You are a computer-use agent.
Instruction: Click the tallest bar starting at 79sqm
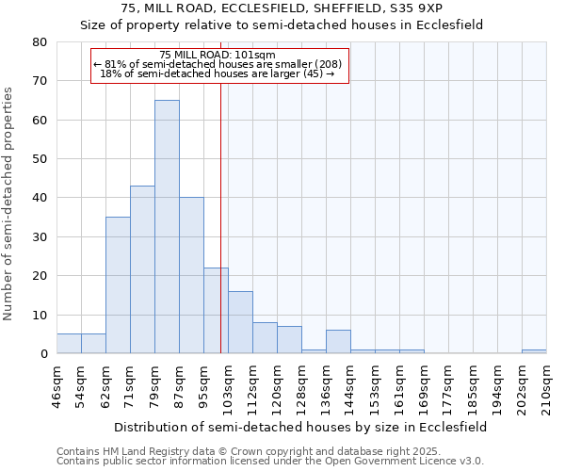pos(167,226)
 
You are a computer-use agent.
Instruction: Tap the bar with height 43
pos(142,269)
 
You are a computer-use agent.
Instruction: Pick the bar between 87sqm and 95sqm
pos(191,275)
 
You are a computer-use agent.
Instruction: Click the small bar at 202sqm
pos(534,351)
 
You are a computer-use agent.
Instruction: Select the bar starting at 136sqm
pos(338,342)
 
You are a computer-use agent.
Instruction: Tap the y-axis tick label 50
pos(40,159)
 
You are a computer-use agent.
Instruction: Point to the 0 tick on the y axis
pos(43,354)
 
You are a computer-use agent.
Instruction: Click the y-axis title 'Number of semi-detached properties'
pos(8,203)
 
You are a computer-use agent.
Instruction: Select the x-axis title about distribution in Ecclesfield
pos(299,427)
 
